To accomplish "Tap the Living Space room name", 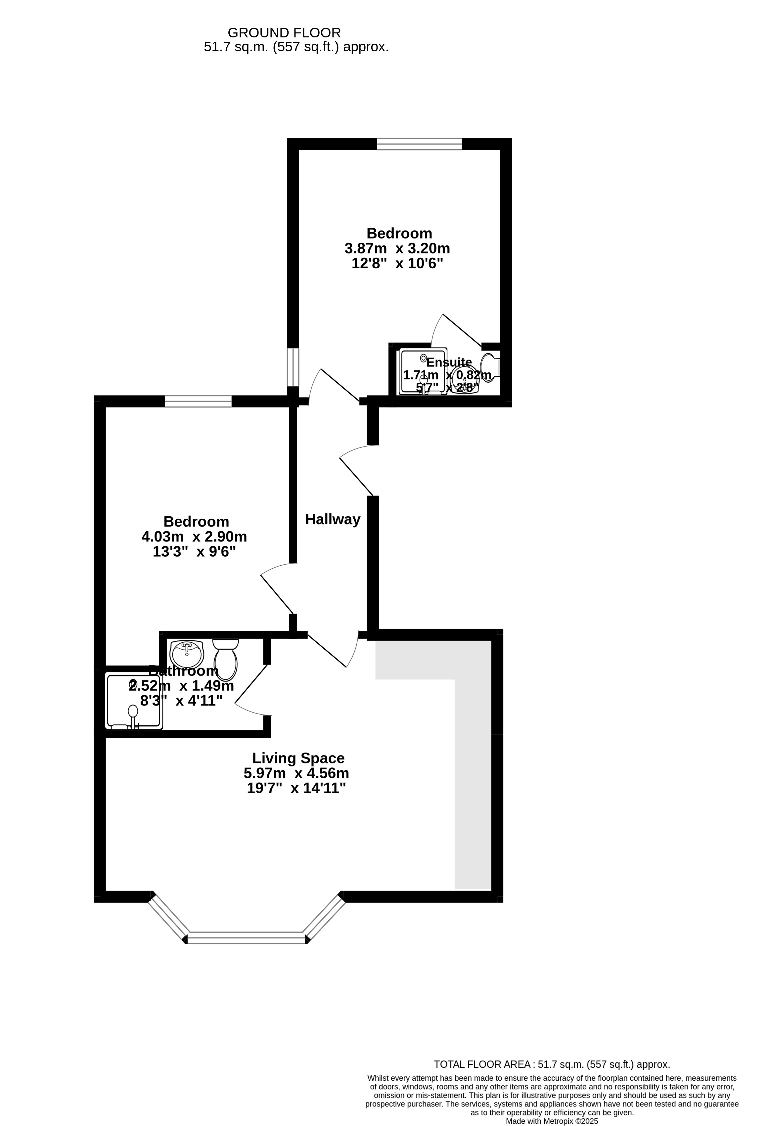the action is point(298,758).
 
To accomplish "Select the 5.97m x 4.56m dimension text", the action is point(296,773).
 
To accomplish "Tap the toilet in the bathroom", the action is point(225,659).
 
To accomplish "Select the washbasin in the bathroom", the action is point(187,654).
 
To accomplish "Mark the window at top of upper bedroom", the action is point(419,144).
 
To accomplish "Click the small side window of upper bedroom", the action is point(293,367).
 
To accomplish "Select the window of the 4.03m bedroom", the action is point(198,401).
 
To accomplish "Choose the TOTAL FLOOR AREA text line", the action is point(552,1064).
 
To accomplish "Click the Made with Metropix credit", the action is point(552,1121).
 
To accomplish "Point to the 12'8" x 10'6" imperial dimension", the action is point(397,264).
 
